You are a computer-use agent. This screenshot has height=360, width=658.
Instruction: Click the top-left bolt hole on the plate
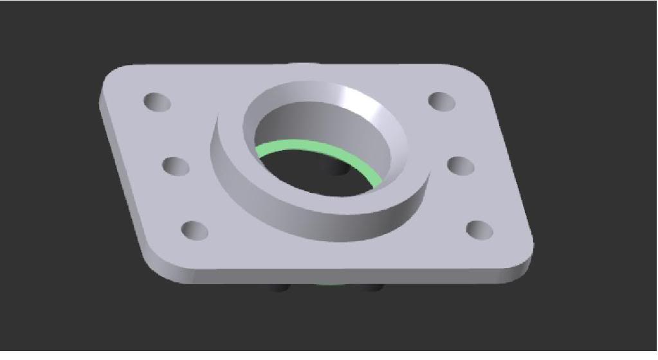point(157,102)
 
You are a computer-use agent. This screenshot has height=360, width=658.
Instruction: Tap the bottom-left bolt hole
point(195,230)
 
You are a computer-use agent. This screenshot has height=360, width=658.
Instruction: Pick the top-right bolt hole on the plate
point(441,101)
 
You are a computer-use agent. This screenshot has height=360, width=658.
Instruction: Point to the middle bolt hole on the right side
point(461,165)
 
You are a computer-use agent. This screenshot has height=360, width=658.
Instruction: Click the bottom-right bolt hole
point(479,229)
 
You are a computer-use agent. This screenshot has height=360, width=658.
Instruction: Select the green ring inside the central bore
point(322,148)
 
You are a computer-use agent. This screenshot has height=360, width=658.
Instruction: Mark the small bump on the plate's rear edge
point(302,64)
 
